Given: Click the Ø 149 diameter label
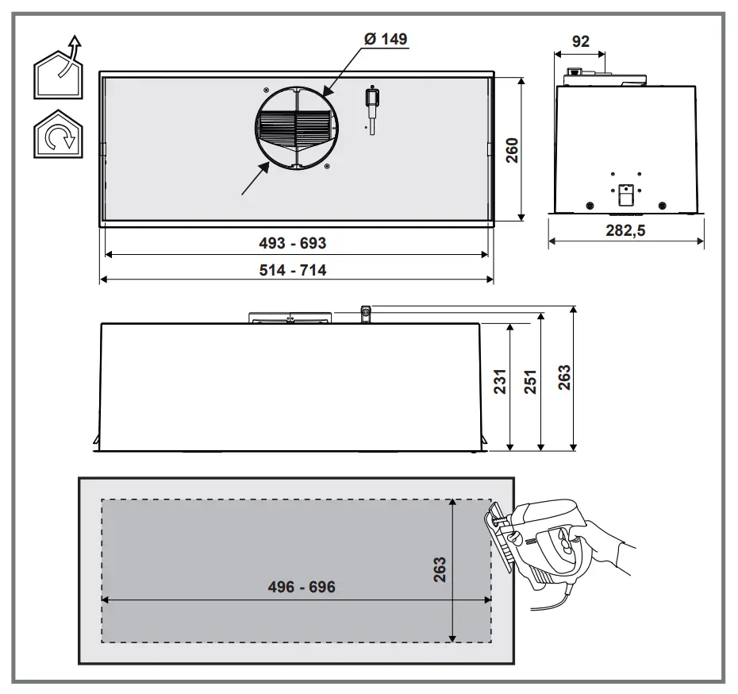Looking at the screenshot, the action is (x=386, y=39).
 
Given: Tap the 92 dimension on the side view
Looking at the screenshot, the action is (x=580, y=41).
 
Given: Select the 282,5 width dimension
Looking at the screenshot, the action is (x=625, y=230).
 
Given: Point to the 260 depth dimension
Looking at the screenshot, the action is (x=512, y=150).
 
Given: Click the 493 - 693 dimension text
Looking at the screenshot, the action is (x=292, y=243).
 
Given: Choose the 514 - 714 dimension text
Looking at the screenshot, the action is (x=292, y=270).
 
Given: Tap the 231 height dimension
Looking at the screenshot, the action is (x=500, y=381).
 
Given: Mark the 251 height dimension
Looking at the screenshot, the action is (x=530, y=381).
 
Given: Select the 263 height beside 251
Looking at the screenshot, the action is (x=564, y=377).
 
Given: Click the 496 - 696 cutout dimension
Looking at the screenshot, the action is (x=302, y=587).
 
